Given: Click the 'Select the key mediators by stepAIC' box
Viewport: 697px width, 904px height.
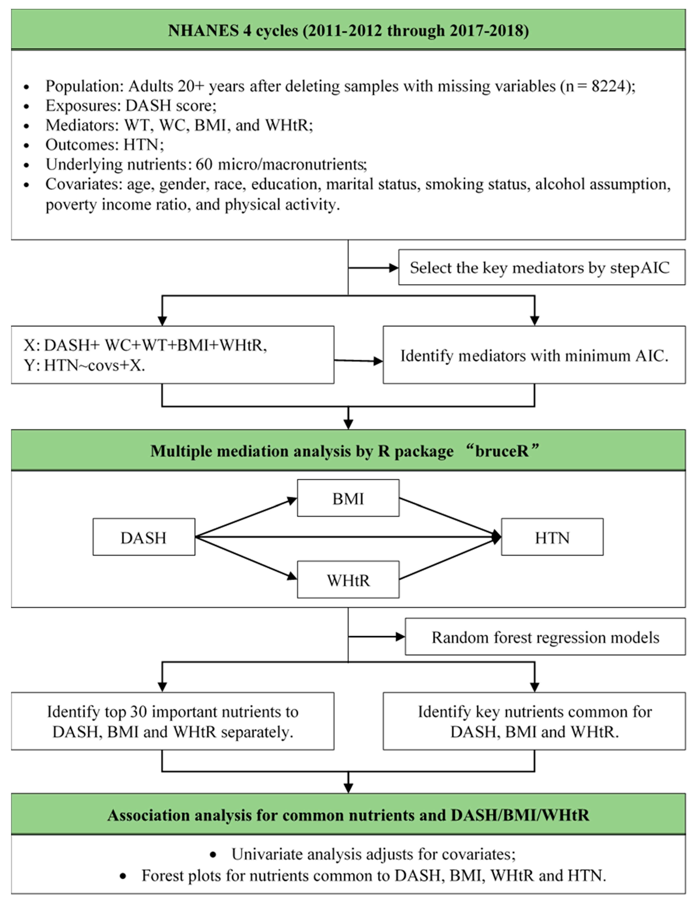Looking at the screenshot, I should [542, 267].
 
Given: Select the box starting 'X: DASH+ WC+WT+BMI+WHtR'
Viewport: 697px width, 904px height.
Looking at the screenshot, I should [172, 355].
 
